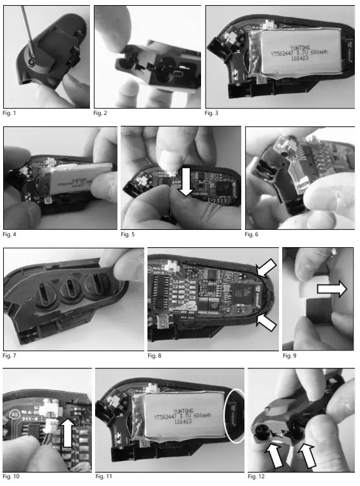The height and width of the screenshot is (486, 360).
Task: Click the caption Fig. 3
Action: point(212,113)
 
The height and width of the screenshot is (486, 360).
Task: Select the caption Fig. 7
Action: point(10,355)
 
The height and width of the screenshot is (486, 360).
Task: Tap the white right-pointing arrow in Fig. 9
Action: point(329,289)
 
